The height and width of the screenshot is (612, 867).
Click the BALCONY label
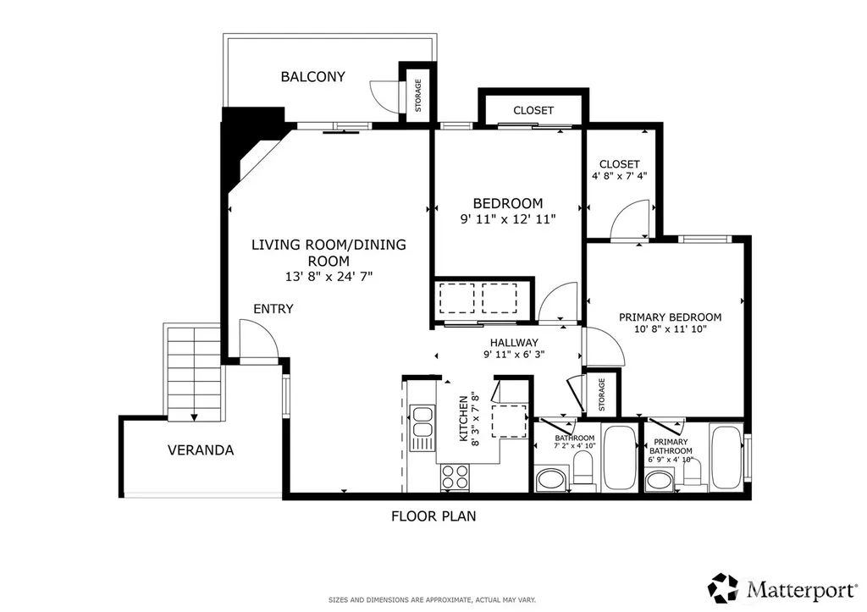click(x=313, y=77)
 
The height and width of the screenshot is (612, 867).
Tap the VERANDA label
click(x=201, y=450)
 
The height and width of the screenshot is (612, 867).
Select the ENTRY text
click(x=273, y=309)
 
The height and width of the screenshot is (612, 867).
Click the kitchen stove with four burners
click(x=455, y=477)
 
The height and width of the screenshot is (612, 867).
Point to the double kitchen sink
click(x=422, y=422)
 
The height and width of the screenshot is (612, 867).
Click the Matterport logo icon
click(x=723, y=587)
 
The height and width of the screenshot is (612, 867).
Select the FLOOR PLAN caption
click(x=433, y=516)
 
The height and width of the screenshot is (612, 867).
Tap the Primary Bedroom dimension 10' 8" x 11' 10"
click(x=671, y=329)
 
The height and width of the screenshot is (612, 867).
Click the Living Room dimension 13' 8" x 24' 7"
click(x=329, y=277)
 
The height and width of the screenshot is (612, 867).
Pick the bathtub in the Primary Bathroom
click(x=726, y=457)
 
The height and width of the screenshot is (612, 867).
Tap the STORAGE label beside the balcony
click(x=418, y=95)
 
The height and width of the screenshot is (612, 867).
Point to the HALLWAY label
click(x=514, y=343)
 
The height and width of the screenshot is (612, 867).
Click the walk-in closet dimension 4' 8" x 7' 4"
click(x=619, y=176)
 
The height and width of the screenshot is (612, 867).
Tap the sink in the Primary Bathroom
click(x=658, y=480)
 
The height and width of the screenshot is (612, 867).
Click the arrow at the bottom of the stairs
click(x=194, y=417)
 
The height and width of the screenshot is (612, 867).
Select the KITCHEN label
click(x=464, y=418)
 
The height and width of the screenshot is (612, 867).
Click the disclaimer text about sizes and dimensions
click(x=432, y=600)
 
